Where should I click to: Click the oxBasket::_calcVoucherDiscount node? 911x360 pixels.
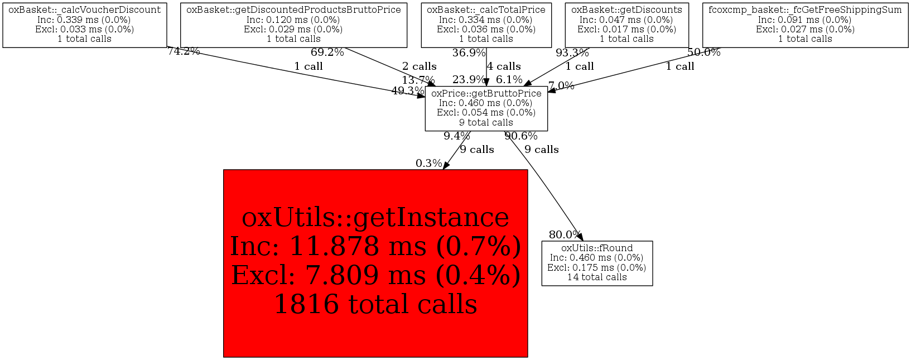[85, 25]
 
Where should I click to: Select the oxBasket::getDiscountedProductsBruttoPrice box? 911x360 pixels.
[293, 25]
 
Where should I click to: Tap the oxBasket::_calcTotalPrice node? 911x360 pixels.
[486, 25]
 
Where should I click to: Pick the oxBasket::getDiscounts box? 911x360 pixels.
[626, 25]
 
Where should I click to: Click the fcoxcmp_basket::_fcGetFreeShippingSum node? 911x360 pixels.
[805, 25]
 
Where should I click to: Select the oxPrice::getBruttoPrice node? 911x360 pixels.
[486, 108]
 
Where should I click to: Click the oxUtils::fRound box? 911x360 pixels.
[597, 263]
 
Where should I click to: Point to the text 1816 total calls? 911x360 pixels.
[375, 304]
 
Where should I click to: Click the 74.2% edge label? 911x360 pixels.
[184, 52]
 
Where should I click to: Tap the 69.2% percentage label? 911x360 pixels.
[327, 53]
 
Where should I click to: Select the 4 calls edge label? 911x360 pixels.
[504, 66]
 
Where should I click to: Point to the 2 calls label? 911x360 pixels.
[420, 66]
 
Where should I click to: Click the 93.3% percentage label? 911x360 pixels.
[572, 53]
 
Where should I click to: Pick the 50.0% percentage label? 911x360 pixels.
[703, 52]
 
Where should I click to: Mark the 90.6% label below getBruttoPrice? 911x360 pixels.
[521, 136]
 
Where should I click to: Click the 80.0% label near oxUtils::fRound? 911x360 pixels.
[565, 235]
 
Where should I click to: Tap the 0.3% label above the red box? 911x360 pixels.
[428, 164]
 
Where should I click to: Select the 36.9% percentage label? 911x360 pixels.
[469, 53]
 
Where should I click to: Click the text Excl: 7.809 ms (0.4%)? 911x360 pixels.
[375, 275]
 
